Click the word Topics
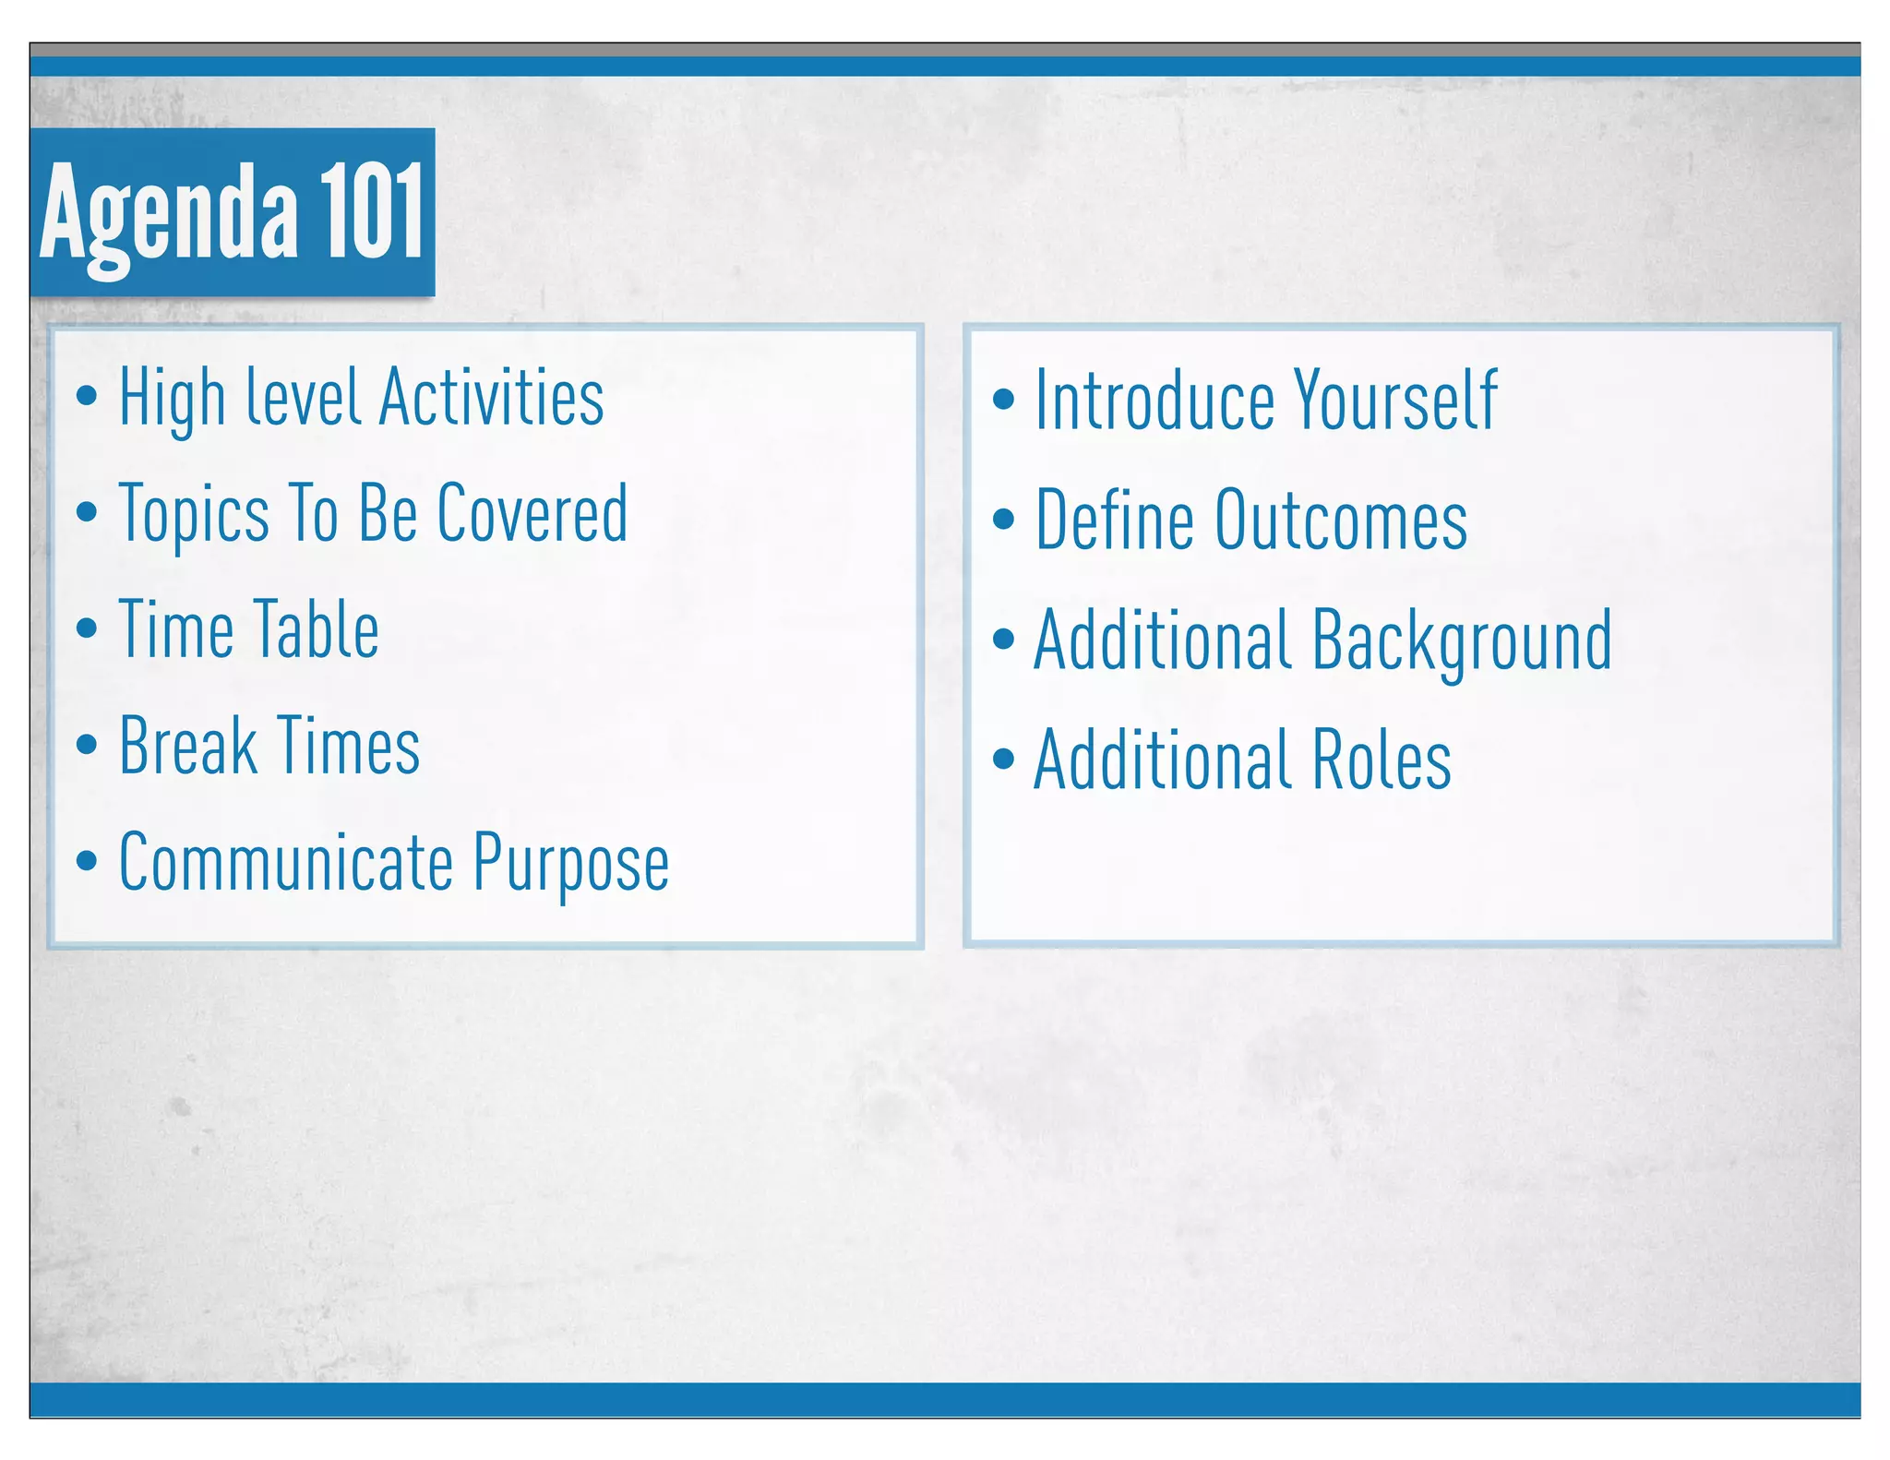click(194, 515)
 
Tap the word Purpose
click(571, 864)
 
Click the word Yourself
click(1395, 401)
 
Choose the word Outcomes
click(1341, 521)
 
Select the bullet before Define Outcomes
click(1003, 520)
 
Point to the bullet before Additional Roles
click(1003, 760)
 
